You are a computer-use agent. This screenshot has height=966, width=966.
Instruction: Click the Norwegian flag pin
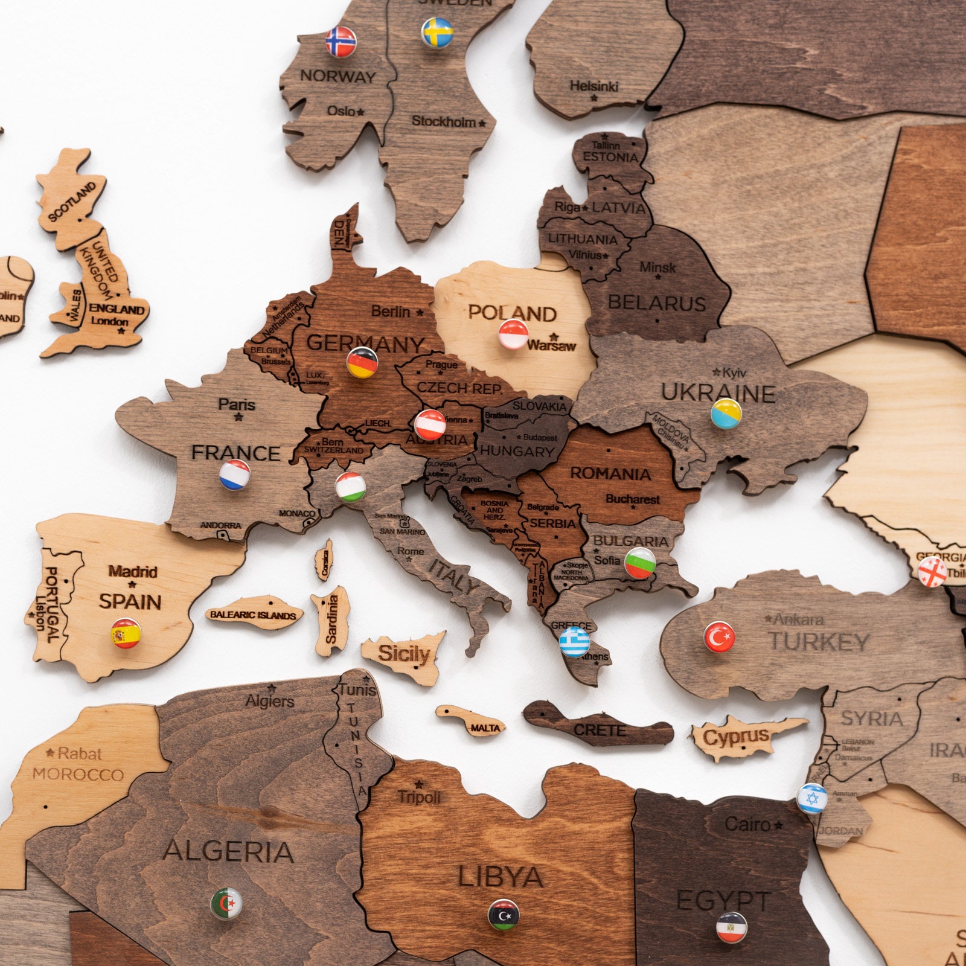(341, 42)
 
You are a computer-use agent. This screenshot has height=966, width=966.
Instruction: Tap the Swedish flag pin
(437, 33)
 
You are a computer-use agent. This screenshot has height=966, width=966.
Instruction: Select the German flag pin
(362, 363)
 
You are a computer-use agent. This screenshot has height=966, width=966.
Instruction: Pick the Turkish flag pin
(719, 636)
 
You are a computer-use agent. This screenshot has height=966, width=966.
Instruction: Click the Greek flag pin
(574, 642)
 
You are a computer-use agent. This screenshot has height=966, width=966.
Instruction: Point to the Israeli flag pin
(811, 798)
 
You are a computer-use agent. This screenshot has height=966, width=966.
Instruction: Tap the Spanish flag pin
(126, 633)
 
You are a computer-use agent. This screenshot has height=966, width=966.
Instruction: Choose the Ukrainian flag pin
(726, 414)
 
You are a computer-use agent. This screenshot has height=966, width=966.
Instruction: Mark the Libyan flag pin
(503, 915)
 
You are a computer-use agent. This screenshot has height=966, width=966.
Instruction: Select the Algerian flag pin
(226, 904)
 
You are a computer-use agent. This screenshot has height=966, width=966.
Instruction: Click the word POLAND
(512, 313)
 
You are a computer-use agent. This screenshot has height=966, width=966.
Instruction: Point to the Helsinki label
(594, 86)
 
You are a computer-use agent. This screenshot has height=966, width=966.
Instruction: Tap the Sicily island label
(404, 653)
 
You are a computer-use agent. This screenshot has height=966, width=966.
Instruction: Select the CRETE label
(600, 730)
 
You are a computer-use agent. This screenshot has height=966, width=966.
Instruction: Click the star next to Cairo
(779, 825)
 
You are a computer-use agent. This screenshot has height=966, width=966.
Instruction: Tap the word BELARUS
(656, 302)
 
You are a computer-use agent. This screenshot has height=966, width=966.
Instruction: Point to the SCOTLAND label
(72, 201)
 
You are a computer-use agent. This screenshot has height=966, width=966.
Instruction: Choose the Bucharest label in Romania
(633, 499)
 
